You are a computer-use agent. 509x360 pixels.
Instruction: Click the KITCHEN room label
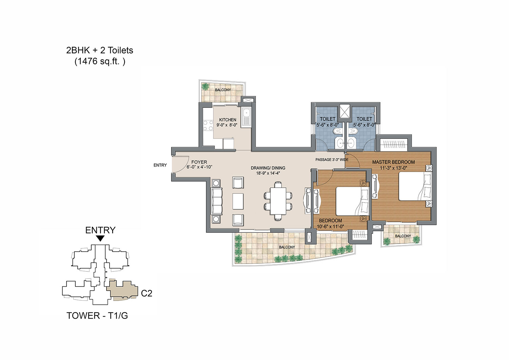(x=227, y=120)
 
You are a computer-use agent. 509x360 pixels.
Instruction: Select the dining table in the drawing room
(x=278, y=201)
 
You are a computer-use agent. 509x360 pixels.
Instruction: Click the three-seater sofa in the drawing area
(x=216, y=201)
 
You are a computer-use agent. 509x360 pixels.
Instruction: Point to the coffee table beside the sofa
(x=238, y=201)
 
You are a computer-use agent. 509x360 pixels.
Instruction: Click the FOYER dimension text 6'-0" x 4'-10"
(x=199, y=167)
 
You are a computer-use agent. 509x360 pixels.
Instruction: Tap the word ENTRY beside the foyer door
(x=160, y=165)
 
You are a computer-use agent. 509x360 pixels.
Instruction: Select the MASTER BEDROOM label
(x=393, y=162)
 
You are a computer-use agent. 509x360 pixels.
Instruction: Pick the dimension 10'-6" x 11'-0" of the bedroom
(x=331, y=226)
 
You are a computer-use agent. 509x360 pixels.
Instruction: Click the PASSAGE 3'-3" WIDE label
(x=332, y=160)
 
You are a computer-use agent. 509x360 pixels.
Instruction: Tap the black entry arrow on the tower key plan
(x=100, y=239)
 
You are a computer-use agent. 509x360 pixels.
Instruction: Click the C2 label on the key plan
(x=147, y=293)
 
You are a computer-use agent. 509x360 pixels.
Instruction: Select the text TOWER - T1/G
(x=97, y=316)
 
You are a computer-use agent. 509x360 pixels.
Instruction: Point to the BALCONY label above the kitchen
(x=223, y=90)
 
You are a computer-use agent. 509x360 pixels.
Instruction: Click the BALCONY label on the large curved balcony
(x=287, y=247)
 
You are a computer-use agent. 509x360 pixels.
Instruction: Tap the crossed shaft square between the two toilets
(x=345, y=111)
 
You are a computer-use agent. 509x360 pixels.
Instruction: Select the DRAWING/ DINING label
(x=268, y=168)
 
